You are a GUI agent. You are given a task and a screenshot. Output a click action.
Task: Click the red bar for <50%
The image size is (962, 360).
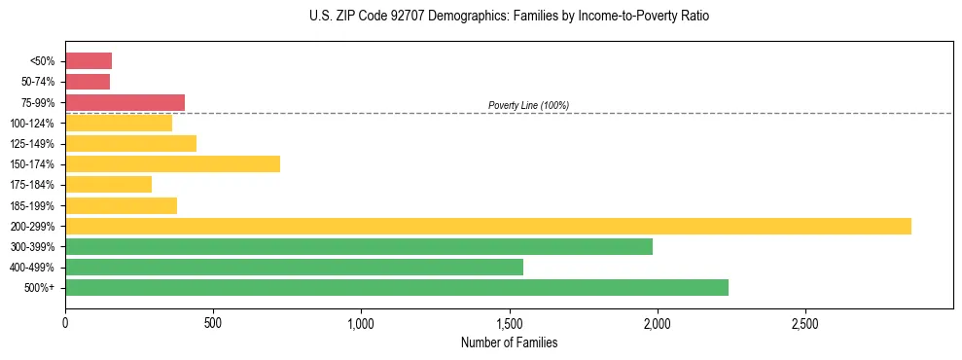point(89,61)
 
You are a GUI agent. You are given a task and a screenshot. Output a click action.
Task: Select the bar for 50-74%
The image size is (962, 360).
point(88,82)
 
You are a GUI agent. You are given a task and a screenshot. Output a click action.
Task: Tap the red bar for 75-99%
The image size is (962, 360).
point(125,102)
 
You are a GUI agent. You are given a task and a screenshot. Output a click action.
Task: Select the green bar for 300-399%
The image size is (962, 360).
point(359,246)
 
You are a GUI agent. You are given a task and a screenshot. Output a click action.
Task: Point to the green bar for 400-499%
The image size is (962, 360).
point(294,267)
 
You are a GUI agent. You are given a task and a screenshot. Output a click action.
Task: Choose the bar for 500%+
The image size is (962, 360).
point(397,287)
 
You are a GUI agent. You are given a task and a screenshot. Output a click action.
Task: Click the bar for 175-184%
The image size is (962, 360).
point(108,185)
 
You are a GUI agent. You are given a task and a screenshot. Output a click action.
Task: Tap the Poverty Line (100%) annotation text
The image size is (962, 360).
point(528,105)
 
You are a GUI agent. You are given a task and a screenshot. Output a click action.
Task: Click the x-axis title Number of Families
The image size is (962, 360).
point(509,342)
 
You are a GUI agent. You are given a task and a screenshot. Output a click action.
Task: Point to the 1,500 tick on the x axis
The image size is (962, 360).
point(509,322)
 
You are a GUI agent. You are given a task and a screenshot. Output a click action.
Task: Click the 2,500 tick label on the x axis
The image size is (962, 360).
point(805,322)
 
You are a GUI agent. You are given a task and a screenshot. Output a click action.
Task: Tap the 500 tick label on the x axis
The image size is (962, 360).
point(213,322)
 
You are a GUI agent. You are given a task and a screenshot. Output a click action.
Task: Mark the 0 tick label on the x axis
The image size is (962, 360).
point(65,322)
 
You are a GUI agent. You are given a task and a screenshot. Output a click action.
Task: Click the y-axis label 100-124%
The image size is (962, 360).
point(32,124)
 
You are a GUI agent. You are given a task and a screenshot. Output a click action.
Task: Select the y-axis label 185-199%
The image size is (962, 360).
point(32,205)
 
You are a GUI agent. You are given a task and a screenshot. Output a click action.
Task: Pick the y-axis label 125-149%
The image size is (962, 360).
point(32,144)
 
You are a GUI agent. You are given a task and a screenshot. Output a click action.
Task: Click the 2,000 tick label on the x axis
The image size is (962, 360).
point(658,322)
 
